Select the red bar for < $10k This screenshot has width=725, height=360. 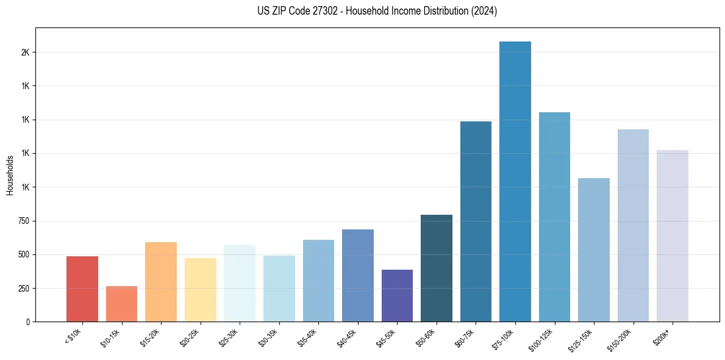pos(82,289)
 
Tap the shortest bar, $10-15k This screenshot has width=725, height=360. pos(121,304)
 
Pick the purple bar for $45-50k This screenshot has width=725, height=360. pos(397,295)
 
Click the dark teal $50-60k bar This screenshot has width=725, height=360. pos(437,268)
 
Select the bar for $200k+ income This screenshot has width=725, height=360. pos(672,236)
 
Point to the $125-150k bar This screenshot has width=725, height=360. pos(593,250)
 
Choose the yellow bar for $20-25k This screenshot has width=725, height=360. pos(200,290)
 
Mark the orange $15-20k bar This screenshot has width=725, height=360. pos(161,282)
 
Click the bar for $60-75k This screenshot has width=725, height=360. pos(476,221)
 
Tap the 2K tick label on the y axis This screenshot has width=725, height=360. pos(25,52)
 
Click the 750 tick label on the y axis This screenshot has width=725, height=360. pos(23,221)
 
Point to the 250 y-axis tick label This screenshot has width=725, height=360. pos(23,288)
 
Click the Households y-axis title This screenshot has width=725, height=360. pos(10,175)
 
